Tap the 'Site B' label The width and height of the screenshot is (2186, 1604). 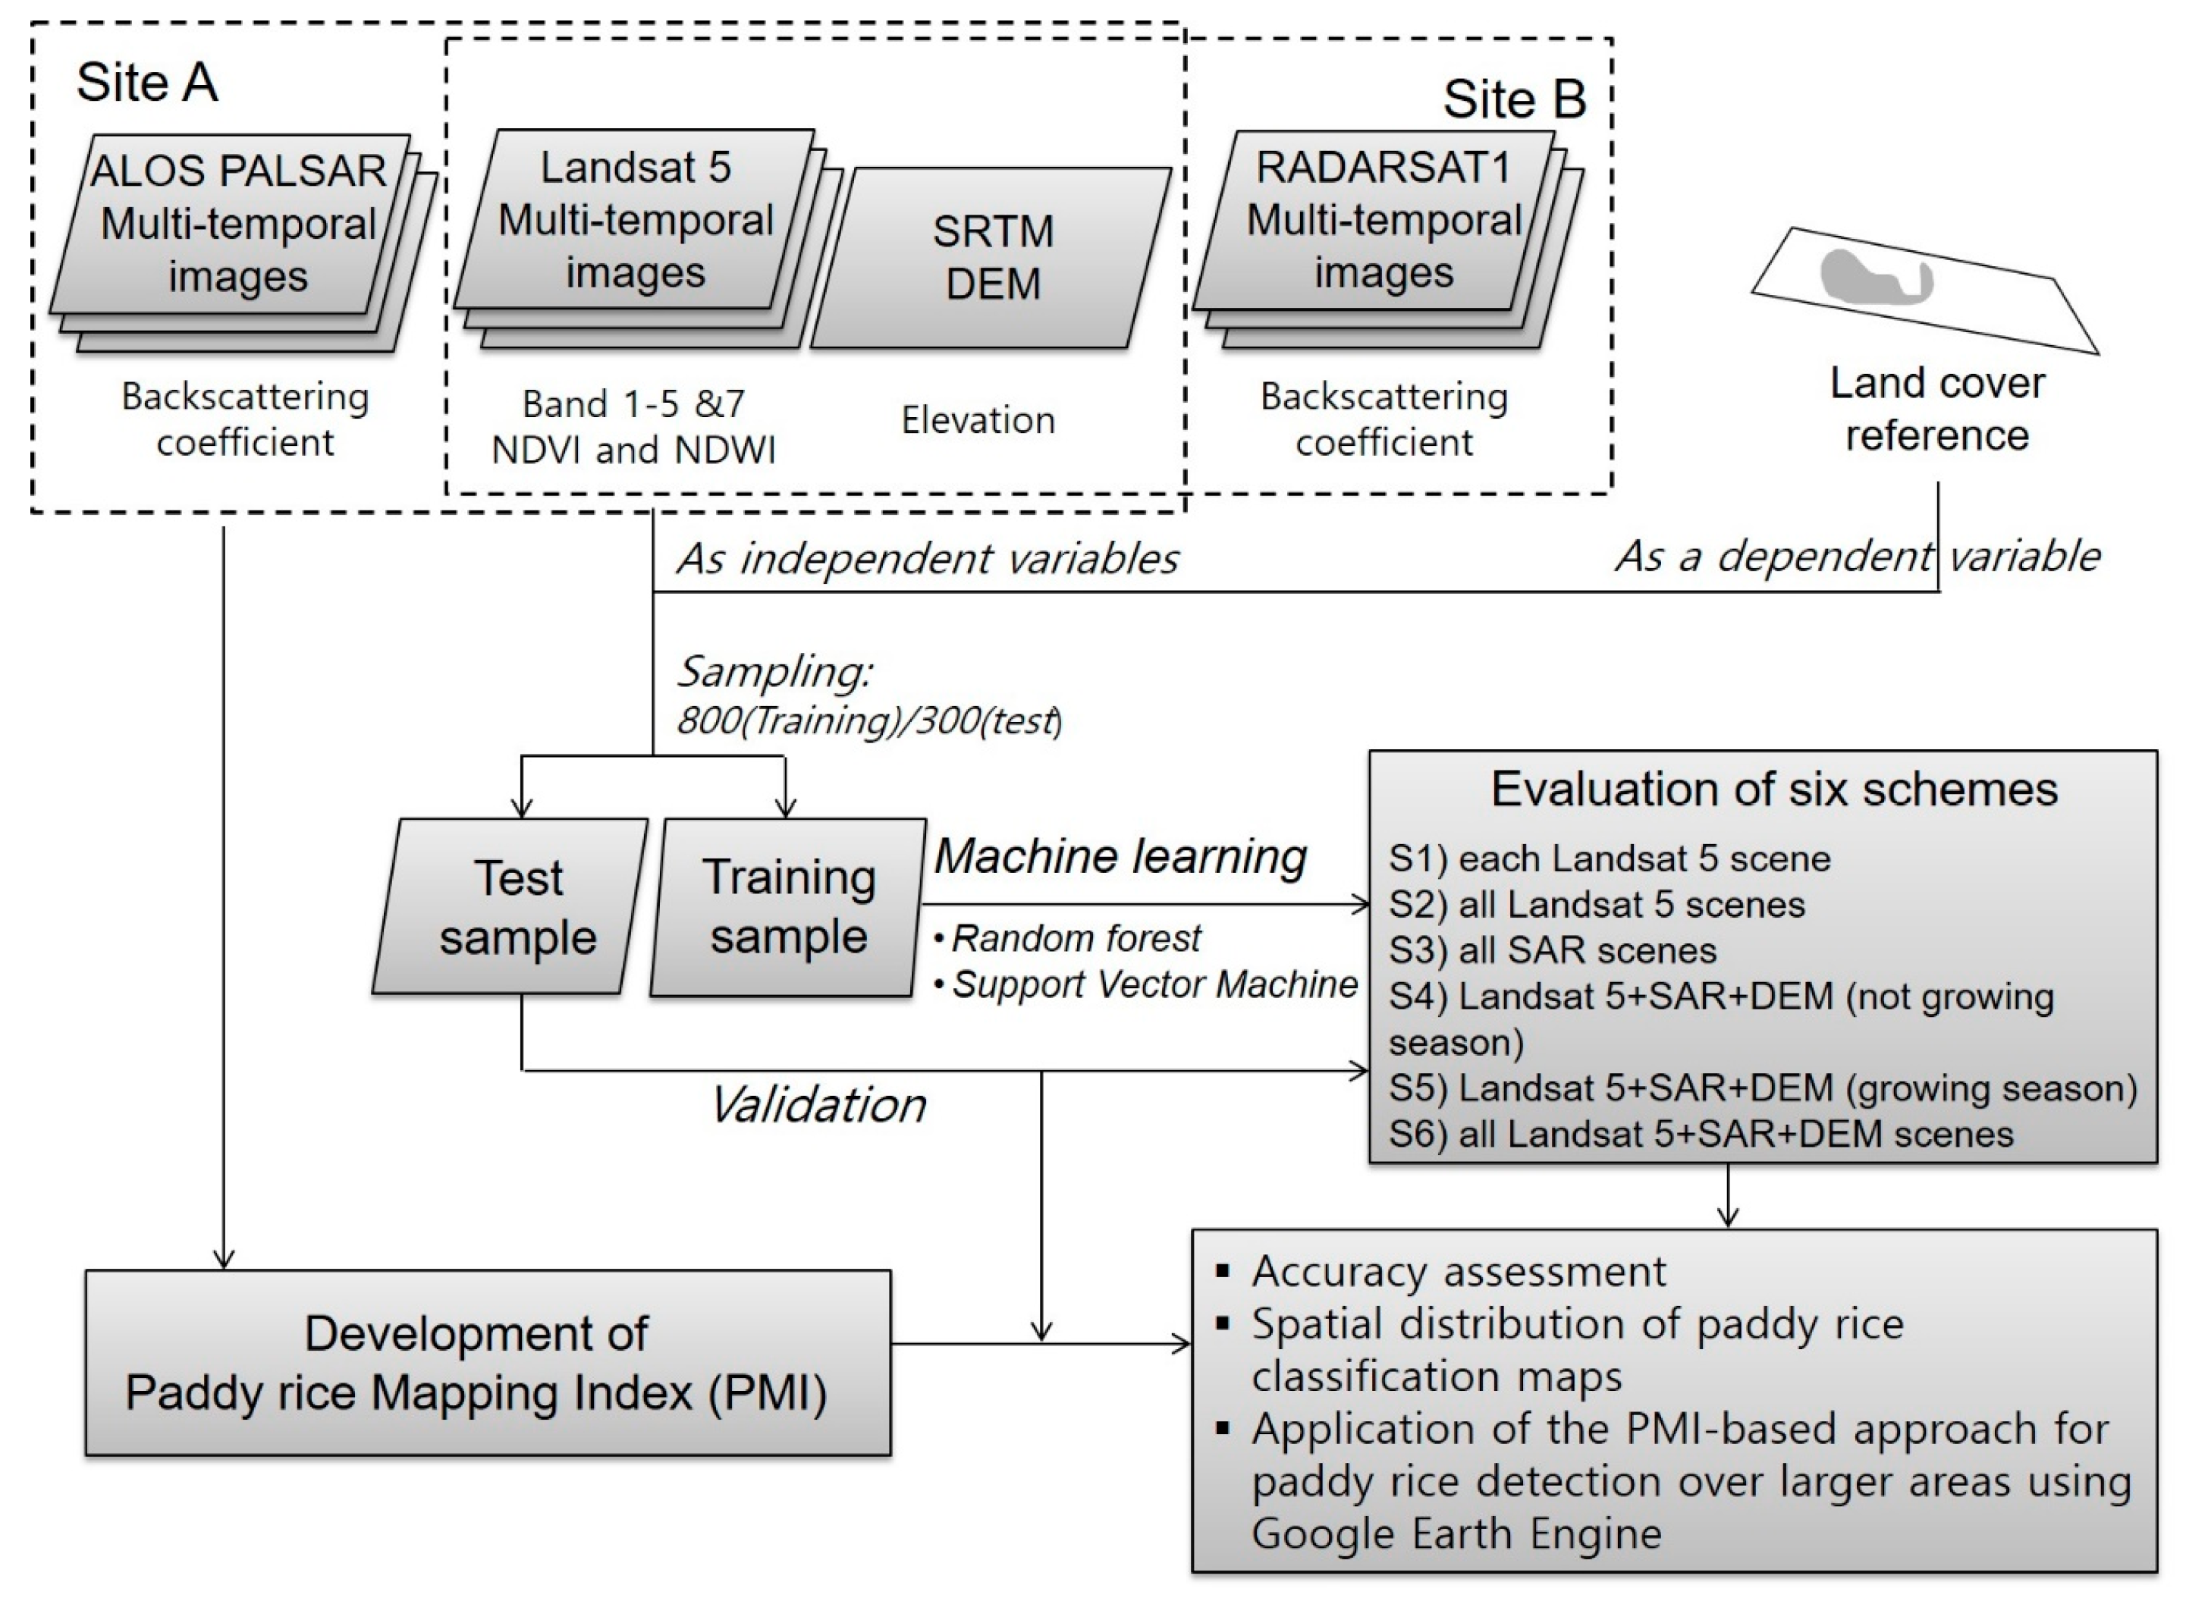(1514, 99)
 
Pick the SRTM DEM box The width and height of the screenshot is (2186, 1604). (991, 257)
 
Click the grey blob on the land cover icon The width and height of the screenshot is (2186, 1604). (1874, 278)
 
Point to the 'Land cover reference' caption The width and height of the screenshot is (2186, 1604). (1936, 409)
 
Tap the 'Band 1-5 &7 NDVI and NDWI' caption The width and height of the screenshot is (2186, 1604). (634, 426)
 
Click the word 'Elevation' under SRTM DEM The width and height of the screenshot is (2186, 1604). (978, 419)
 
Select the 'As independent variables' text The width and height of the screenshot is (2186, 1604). (928, 558)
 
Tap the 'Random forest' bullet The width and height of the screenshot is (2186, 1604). (1067, 938)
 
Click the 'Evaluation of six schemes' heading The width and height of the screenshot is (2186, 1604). (1774, 789)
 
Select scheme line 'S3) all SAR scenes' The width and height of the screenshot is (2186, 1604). (1552, 950)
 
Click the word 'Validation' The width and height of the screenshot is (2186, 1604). (818, 1105)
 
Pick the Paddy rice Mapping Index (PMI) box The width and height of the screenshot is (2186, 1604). (488, 1362)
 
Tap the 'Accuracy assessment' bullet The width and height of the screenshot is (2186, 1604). (1442, 1271)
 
